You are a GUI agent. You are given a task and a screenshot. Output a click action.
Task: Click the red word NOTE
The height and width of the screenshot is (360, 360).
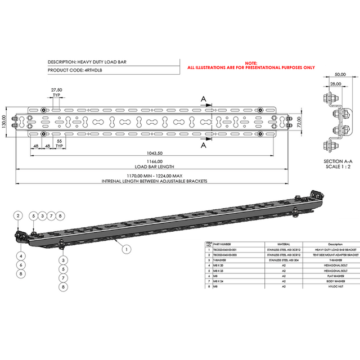[251, 62]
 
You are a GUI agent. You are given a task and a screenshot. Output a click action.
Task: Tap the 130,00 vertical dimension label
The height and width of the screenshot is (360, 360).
[4, 121]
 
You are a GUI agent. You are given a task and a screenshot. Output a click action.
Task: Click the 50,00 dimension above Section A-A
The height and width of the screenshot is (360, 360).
[340, 74]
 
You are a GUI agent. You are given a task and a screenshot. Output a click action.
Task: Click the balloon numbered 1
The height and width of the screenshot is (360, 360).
[127, 247]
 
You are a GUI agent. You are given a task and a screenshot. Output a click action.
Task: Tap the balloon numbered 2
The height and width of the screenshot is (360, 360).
[18, 215]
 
